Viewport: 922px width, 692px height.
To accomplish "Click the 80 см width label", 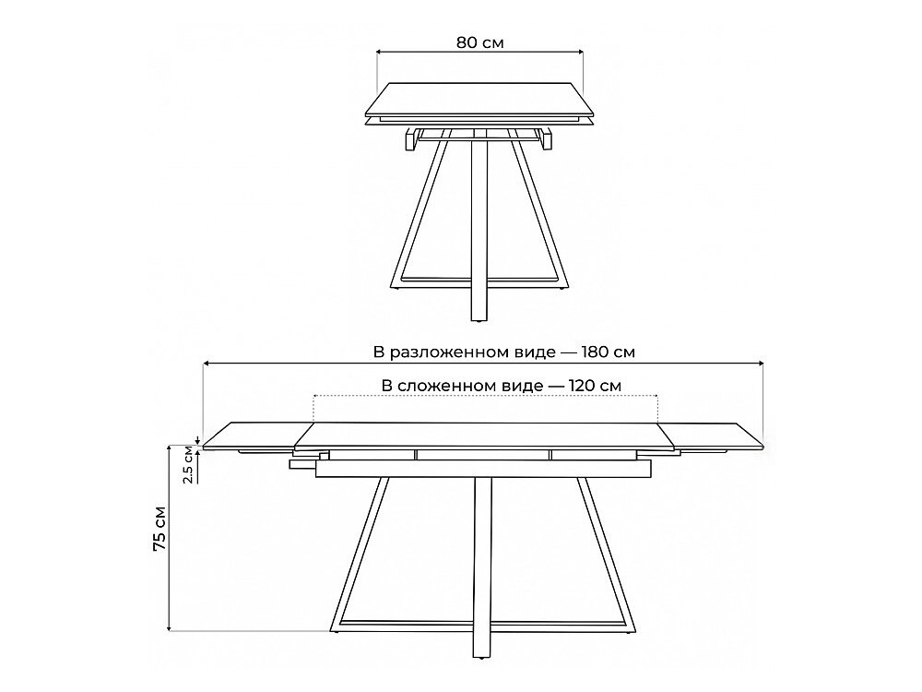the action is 479,42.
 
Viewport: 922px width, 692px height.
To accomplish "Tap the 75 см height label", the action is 160,528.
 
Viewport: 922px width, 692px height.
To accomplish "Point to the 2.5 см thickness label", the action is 187,464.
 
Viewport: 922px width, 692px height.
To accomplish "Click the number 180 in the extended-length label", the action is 595,352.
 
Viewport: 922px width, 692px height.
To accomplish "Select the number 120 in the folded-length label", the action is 582,386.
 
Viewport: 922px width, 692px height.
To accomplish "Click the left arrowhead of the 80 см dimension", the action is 380,52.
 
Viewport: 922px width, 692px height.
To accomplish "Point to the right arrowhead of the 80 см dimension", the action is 579,52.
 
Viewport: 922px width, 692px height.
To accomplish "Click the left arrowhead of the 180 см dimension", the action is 207,364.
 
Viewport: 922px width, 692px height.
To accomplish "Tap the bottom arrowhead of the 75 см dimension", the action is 170,627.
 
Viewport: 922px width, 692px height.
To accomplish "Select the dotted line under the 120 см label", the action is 486,396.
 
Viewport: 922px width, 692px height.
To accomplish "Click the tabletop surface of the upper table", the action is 479,99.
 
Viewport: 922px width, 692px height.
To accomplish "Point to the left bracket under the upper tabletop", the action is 410,140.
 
